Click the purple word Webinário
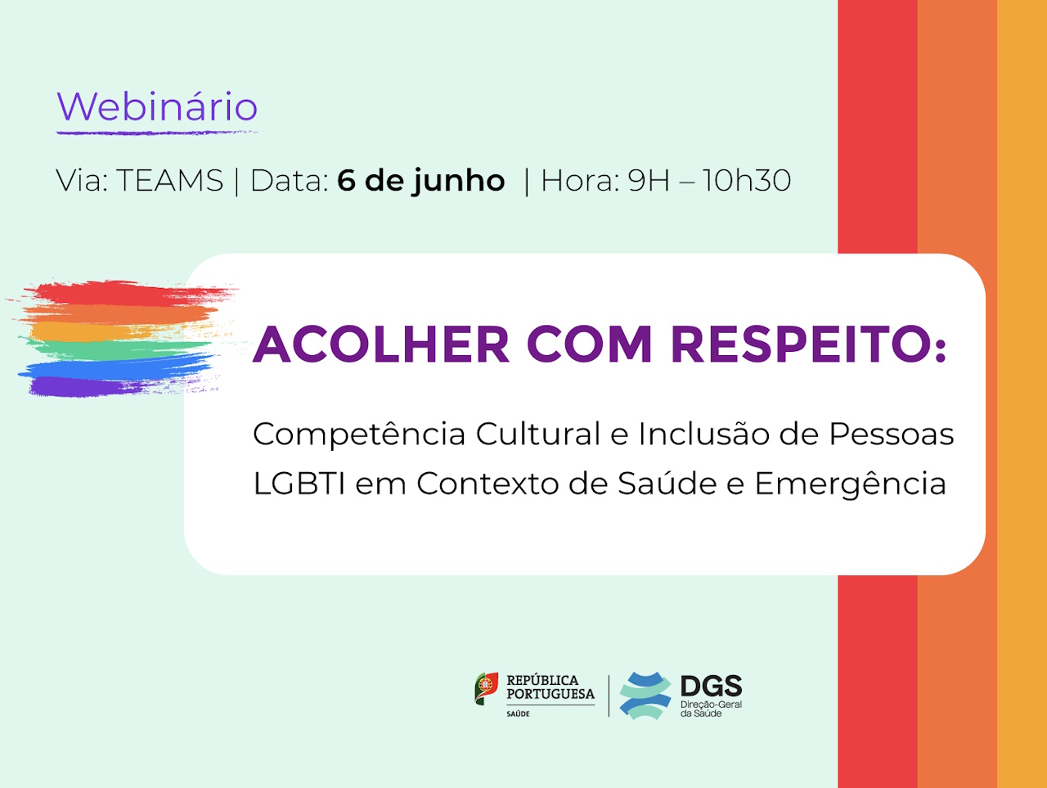pyautogui.click(x=157, y=106)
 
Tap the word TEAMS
pyautogui.click(x=170, y=181)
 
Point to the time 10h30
pyautogui.click(x=747, y=181)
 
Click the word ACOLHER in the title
pyautogui.click(x=381, y=344)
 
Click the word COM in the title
pyautogui.click(x=590, y=344)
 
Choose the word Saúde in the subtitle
pyautogui.click(x=667, y=484)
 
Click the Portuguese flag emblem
pyautogui.click(x=487, y=688)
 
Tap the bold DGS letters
pyautogui.click(x=711, y=686)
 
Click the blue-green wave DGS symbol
pyautogui.click(x=645, y=696)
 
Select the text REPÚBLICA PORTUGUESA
pyautogui.click(x=550, y=687)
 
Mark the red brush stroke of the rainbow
pyautogui.click(x=128, y=294)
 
